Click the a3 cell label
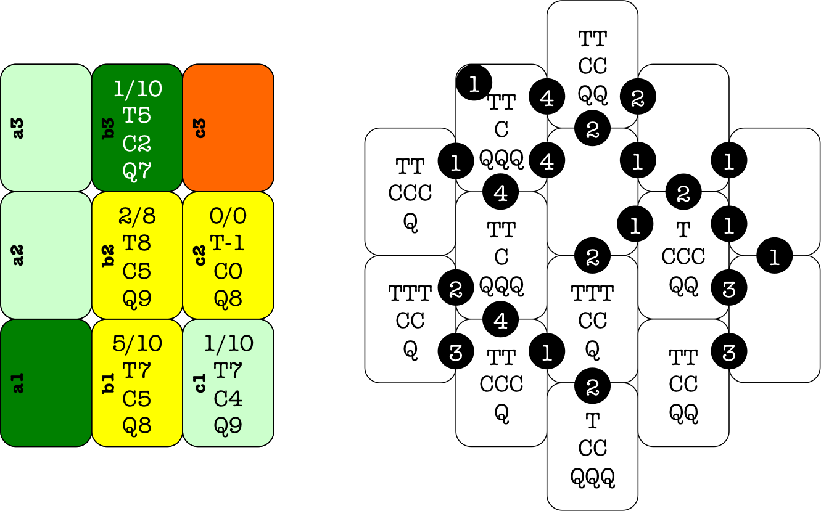point(19,128)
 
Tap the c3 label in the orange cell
point(200,128)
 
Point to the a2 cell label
point(19,255)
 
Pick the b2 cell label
point(109,255)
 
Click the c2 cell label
point(200,255)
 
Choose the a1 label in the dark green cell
point(19,383)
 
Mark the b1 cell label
point(109,383)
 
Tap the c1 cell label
point(200,383)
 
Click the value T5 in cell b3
point(137,115)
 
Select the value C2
point(137,144)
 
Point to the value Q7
point(137,171)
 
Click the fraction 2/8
point(137,216)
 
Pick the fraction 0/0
point(228,216)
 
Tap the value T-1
point(228,243)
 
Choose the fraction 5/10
point(137,343)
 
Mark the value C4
point(228,399)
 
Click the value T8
point(137,243)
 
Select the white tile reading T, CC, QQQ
point(593,448)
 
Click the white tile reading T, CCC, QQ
point(683,255)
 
